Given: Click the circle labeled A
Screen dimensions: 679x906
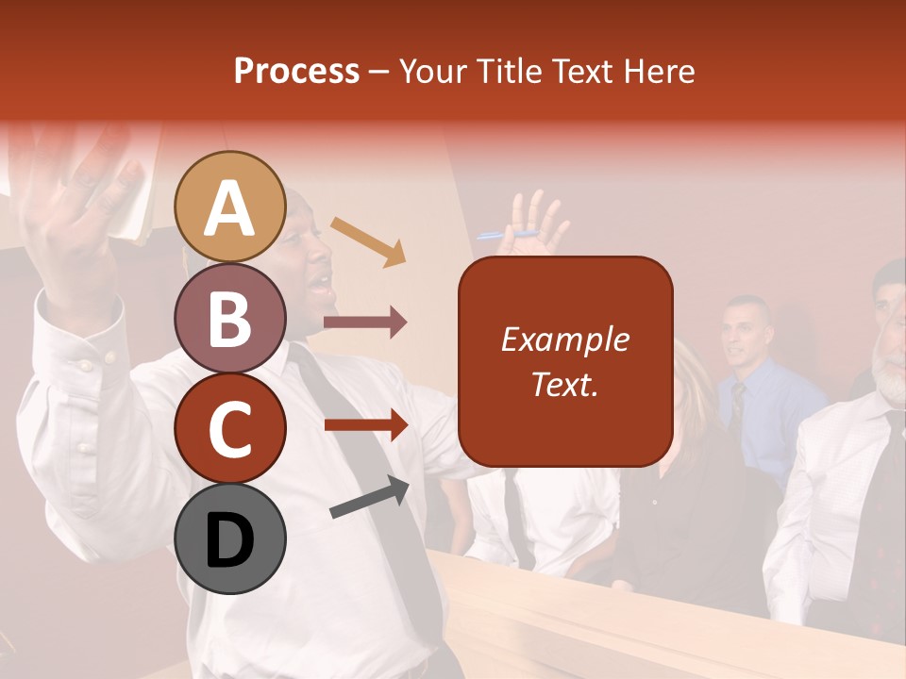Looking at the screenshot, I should coord(230,207).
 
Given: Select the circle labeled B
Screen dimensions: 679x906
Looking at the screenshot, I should coord(230,318).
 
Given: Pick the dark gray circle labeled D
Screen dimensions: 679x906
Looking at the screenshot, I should coord(230,538).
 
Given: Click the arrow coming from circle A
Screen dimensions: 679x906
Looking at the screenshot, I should coord(369,240).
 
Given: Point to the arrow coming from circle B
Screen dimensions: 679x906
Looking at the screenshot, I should coord(365,323).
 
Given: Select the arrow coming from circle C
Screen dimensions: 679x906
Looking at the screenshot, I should coord(365,425).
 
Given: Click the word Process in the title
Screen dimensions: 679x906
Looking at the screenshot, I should coord(296,72).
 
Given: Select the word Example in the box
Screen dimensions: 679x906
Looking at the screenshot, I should coord(564,339).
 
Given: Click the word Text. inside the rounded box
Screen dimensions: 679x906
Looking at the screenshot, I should coord(564,384).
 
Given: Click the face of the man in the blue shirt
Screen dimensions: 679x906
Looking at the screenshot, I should coord(746,333).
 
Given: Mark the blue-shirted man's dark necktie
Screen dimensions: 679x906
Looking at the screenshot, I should coord(738,406).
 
